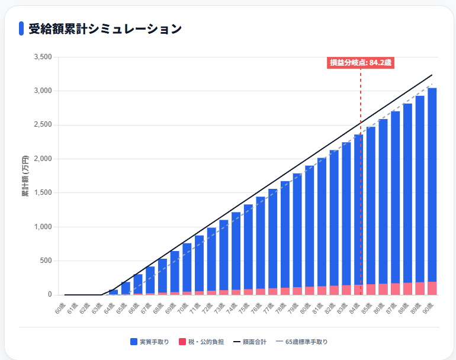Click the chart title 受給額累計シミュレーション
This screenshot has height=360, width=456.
tap(105, 28)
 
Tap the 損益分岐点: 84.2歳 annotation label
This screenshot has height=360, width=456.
tap(361, 63)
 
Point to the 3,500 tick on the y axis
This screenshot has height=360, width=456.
tap(44, 57)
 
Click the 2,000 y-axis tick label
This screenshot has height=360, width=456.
tap(44, 159)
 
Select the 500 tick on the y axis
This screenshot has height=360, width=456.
tap(47, 261)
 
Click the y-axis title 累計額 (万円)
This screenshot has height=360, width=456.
tap(25, 176)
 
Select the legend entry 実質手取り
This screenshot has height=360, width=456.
tap(150, 342)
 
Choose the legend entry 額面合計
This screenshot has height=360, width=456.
tap(250, 342)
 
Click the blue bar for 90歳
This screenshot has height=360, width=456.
tap(432, 184)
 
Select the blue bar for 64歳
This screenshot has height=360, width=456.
tap(114, 292)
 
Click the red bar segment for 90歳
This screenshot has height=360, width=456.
tap(432, 288)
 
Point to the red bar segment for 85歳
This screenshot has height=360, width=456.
tap(371, 290)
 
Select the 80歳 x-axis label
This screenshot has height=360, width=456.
tap(307, 307)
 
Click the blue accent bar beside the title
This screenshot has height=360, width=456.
tap(21, 28)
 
